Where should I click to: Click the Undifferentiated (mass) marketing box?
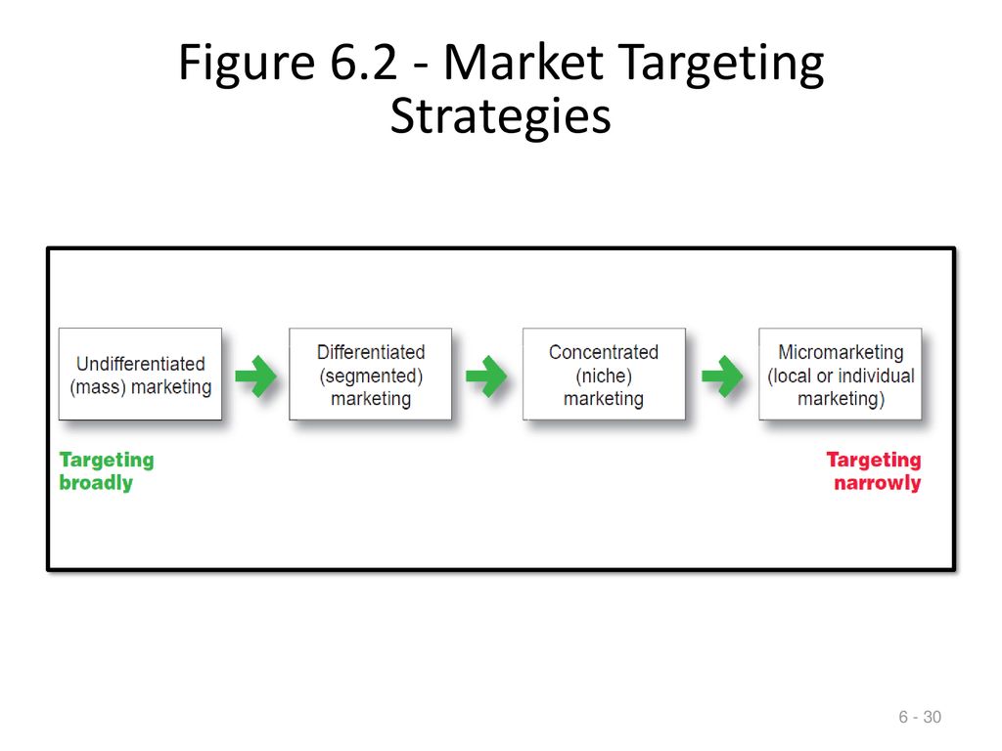coord(141,375)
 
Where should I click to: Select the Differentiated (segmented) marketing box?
coord(371,375)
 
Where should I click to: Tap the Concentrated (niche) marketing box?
coord(604,375)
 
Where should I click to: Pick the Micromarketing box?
coord(841,375)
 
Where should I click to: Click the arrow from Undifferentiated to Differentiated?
coord(255,376)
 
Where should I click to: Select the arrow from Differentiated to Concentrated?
coord(486,376)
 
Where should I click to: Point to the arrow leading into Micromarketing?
coord(722,376)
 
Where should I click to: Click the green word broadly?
coord(96,483)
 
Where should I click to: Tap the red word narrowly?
coord(878,483)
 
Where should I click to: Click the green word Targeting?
coord(107,461)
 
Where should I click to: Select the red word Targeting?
coord(874,461)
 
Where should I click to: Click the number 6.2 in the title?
coord(364,62)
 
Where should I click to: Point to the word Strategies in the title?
coord(500,117)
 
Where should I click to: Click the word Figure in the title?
coord(247,64)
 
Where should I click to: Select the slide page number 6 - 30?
coord(920,717)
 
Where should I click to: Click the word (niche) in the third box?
coord(604,376)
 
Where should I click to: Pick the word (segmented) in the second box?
coord(371,376)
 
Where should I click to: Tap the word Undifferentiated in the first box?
coord(141,364)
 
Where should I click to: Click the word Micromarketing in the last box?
coord(841,352)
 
